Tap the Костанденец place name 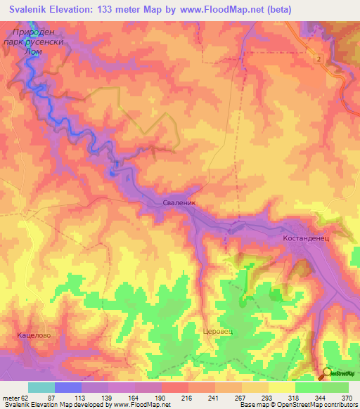coord(311,238)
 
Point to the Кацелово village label coord(32,336)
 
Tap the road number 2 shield coord(319,58)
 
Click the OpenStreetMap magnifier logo coord(326,373)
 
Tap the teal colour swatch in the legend coord(41,387)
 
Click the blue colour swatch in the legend coord(68,387)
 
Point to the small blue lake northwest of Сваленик coord(112,171)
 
